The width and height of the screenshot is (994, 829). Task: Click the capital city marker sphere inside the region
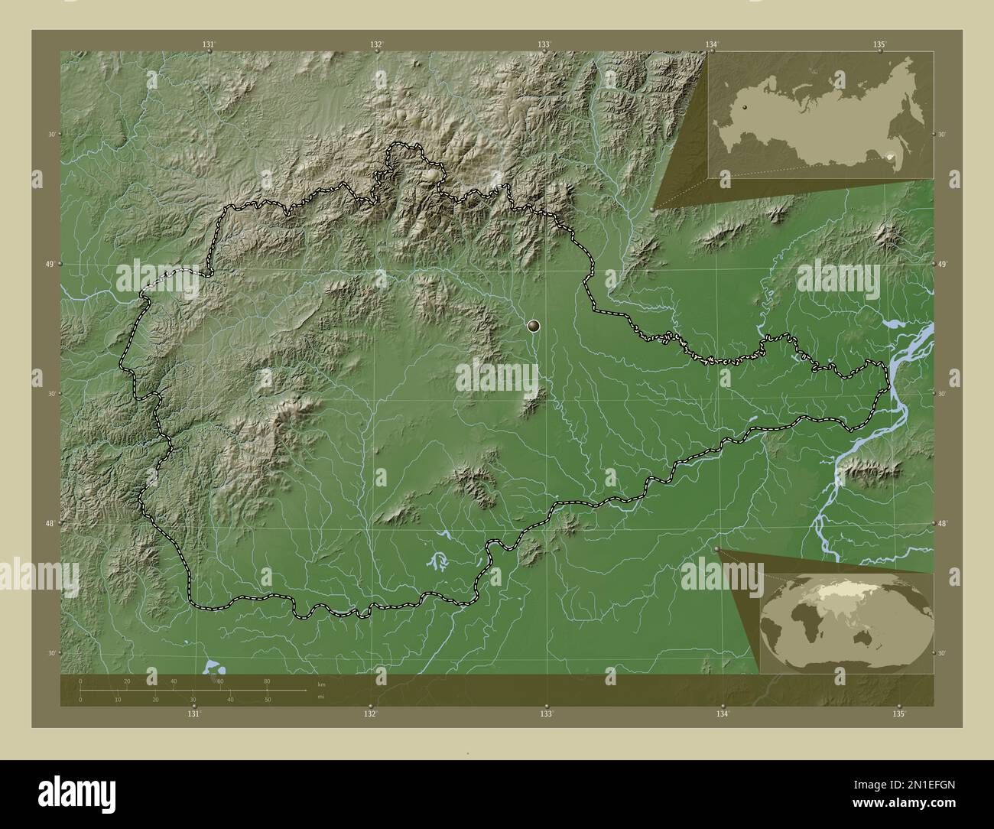pos(534,327)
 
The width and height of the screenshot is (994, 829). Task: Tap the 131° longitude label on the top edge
pos(208,45)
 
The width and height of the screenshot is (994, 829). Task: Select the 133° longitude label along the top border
pos(544,45)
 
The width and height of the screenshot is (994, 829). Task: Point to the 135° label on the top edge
pos(879,45)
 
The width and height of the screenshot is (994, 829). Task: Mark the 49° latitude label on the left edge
pos(51,264)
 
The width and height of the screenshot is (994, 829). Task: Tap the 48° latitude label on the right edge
pos(942,523)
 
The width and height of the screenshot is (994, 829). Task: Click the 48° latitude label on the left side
pos(51,523)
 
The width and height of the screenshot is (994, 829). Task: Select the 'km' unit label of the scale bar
pos(321,684)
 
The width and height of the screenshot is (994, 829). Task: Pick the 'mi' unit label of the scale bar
pos(320,696)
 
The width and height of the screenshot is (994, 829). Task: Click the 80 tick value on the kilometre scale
pos(267,681)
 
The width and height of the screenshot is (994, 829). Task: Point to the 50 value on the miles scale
pos(267,700)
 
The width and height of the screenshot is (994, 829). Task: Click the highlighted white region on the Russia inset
pos(890,157)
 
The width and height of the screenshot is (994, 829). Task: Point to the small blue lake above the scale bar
pos(212,668)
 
